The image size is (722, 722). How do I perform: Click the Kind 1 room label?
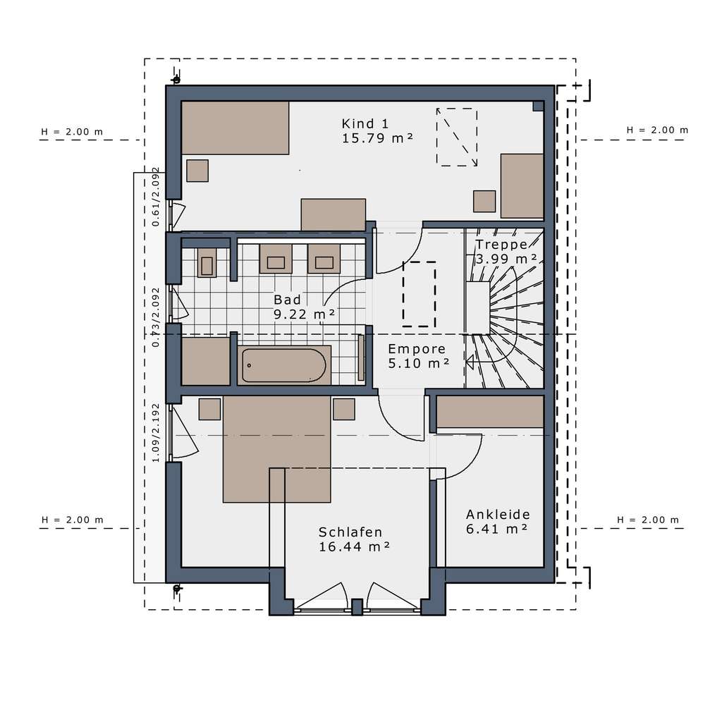coord(365,123)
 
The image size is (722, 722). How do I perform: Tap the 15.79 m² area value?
coord(377,138)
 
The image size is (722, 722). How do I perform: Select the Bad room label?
coord(287,300)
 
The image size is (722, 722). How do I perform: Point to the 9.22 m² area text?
coord(304,315)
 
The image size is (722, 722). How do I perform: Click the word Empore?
coord(417,348)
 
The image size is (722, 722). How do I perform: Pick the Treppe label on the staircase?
coord(501,245)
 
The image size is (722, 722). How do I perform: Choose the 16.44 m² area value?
coord(355,547)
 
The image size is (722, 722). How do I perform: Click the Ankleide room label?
coord(498,514)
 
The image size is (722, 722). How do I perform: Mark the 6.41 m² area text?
coord(496,529)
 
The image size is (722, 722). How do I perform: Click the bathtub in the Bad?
coord(283,365)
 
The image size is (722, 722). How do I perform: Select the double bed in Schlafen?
coord(277,448)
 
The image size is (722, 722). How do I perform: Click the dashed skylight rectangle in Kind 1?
coord(456,137)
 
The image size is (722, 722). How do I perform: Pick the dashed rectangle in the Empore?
coord(419,293)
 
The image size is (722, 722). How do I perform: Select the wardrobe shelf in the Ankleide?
coord(490,412)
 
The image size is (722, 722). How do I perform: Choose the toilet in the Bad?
coord(207,262)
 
